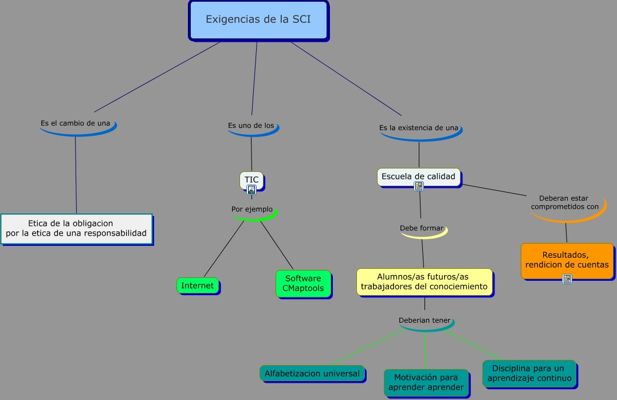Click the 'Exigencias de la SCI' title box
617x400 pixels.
click(258, 20)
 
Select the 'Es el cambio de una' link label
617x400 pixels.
click(76, 123)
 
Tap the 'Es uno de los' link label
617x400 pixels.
click(251, 126)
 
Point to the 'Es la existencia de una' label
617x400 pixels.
click(419, 128)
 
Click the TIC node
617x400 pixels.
click(252, 181)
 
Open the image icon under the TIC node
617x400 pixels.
click(251, 190)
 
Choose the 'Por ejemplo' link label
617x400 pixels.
click(252, 209)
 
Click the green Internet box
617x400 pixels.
click(198, 286)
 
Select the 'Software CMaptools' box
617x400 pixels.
click(304, 284)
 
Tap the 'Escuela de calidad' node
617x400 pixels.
click(419, 177)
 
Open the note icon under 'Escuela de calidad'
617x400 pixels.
click(419, 186)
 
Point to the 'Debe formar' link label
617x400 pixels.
click(422, 228)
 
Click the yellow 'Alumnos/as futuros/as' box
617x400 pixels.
click(425, 282)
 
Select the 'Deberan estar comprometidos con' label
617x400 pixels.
click(565, 202)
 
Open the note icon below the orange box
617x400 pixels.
click(567, 279)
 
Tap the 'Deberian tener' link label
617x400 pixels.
click(424, 320)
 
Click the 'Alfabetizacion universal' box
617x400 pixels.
click(312, 374)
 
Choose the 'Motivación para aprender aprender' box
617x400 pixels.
click(427, 383)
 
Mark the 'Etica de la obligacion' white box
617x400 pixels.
click(77, 229)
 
